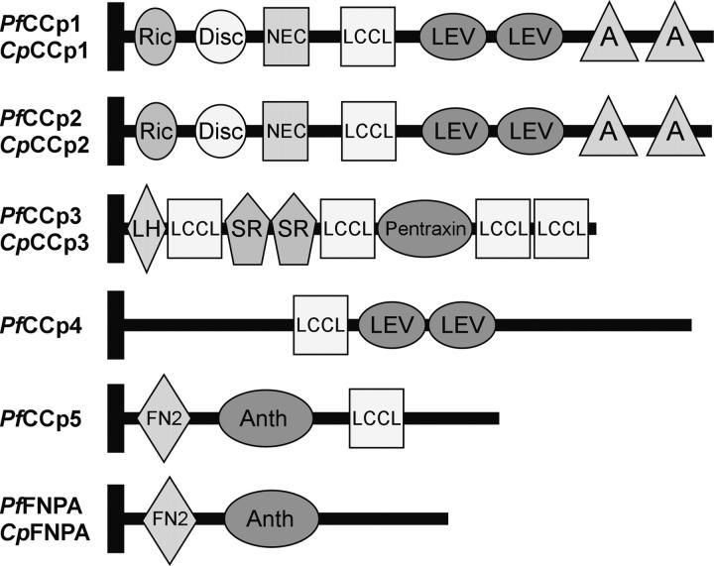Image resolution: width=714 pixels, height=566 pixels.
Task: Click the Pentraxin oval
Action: pyautogui.click(x=425, y=228)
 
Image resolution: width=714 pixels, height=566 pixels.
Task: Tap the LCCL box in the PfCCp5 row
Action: pyautogui.click(x=376, y=418)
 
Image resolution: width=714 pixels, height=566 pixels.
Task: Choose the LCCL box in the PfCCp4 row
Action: pyautogui.click(x=320, y=324)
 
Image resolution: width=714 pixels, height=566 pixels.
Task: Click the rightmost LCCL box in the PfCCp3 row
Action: pyautogui.click(x=562, y=228)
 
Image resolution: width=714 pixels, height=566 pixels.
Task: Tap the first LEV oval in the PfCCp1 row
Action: pyautogui.click(x=452, y=36)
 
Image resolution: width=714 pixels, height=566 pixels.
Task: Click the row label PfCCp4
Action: pyautogui.click(x=50, y=323)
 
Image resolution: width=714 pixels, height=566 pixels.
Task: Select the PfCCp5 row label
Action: pyautogui.click(x=50, y=417)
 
